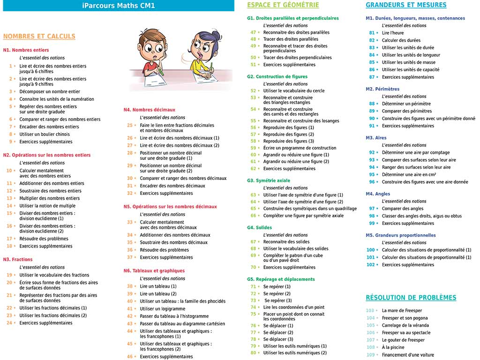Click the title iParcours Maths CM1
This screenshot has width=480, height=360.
pos(118,6)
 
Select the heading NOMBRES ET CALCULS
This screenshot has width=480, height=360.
pos(39,36)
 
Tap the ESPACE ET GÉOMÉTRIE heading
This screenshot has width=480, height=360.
pos(283,5)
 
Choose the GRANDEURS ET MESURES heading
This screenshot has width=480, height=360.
pos(406,5)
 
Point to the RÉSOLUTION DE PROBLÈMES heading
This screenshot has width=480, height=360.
pos(411,298)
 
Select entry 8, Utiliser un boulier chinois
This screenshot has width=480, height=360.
pos(45,134)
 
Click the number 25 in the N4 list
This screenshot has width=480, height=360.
pos(130,125)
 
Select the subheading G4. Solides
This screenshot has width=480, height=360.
pos(259,228)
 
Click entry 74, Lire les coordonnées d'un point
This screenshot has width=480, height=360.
pos(293,307)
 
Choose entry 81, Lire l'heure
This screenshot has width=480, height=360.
pos(392,33)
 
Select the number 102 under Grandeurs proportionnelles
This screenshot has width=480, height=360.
pos(371,265)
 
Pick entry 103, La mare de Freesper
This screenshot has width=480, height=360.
pos(402,310)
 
